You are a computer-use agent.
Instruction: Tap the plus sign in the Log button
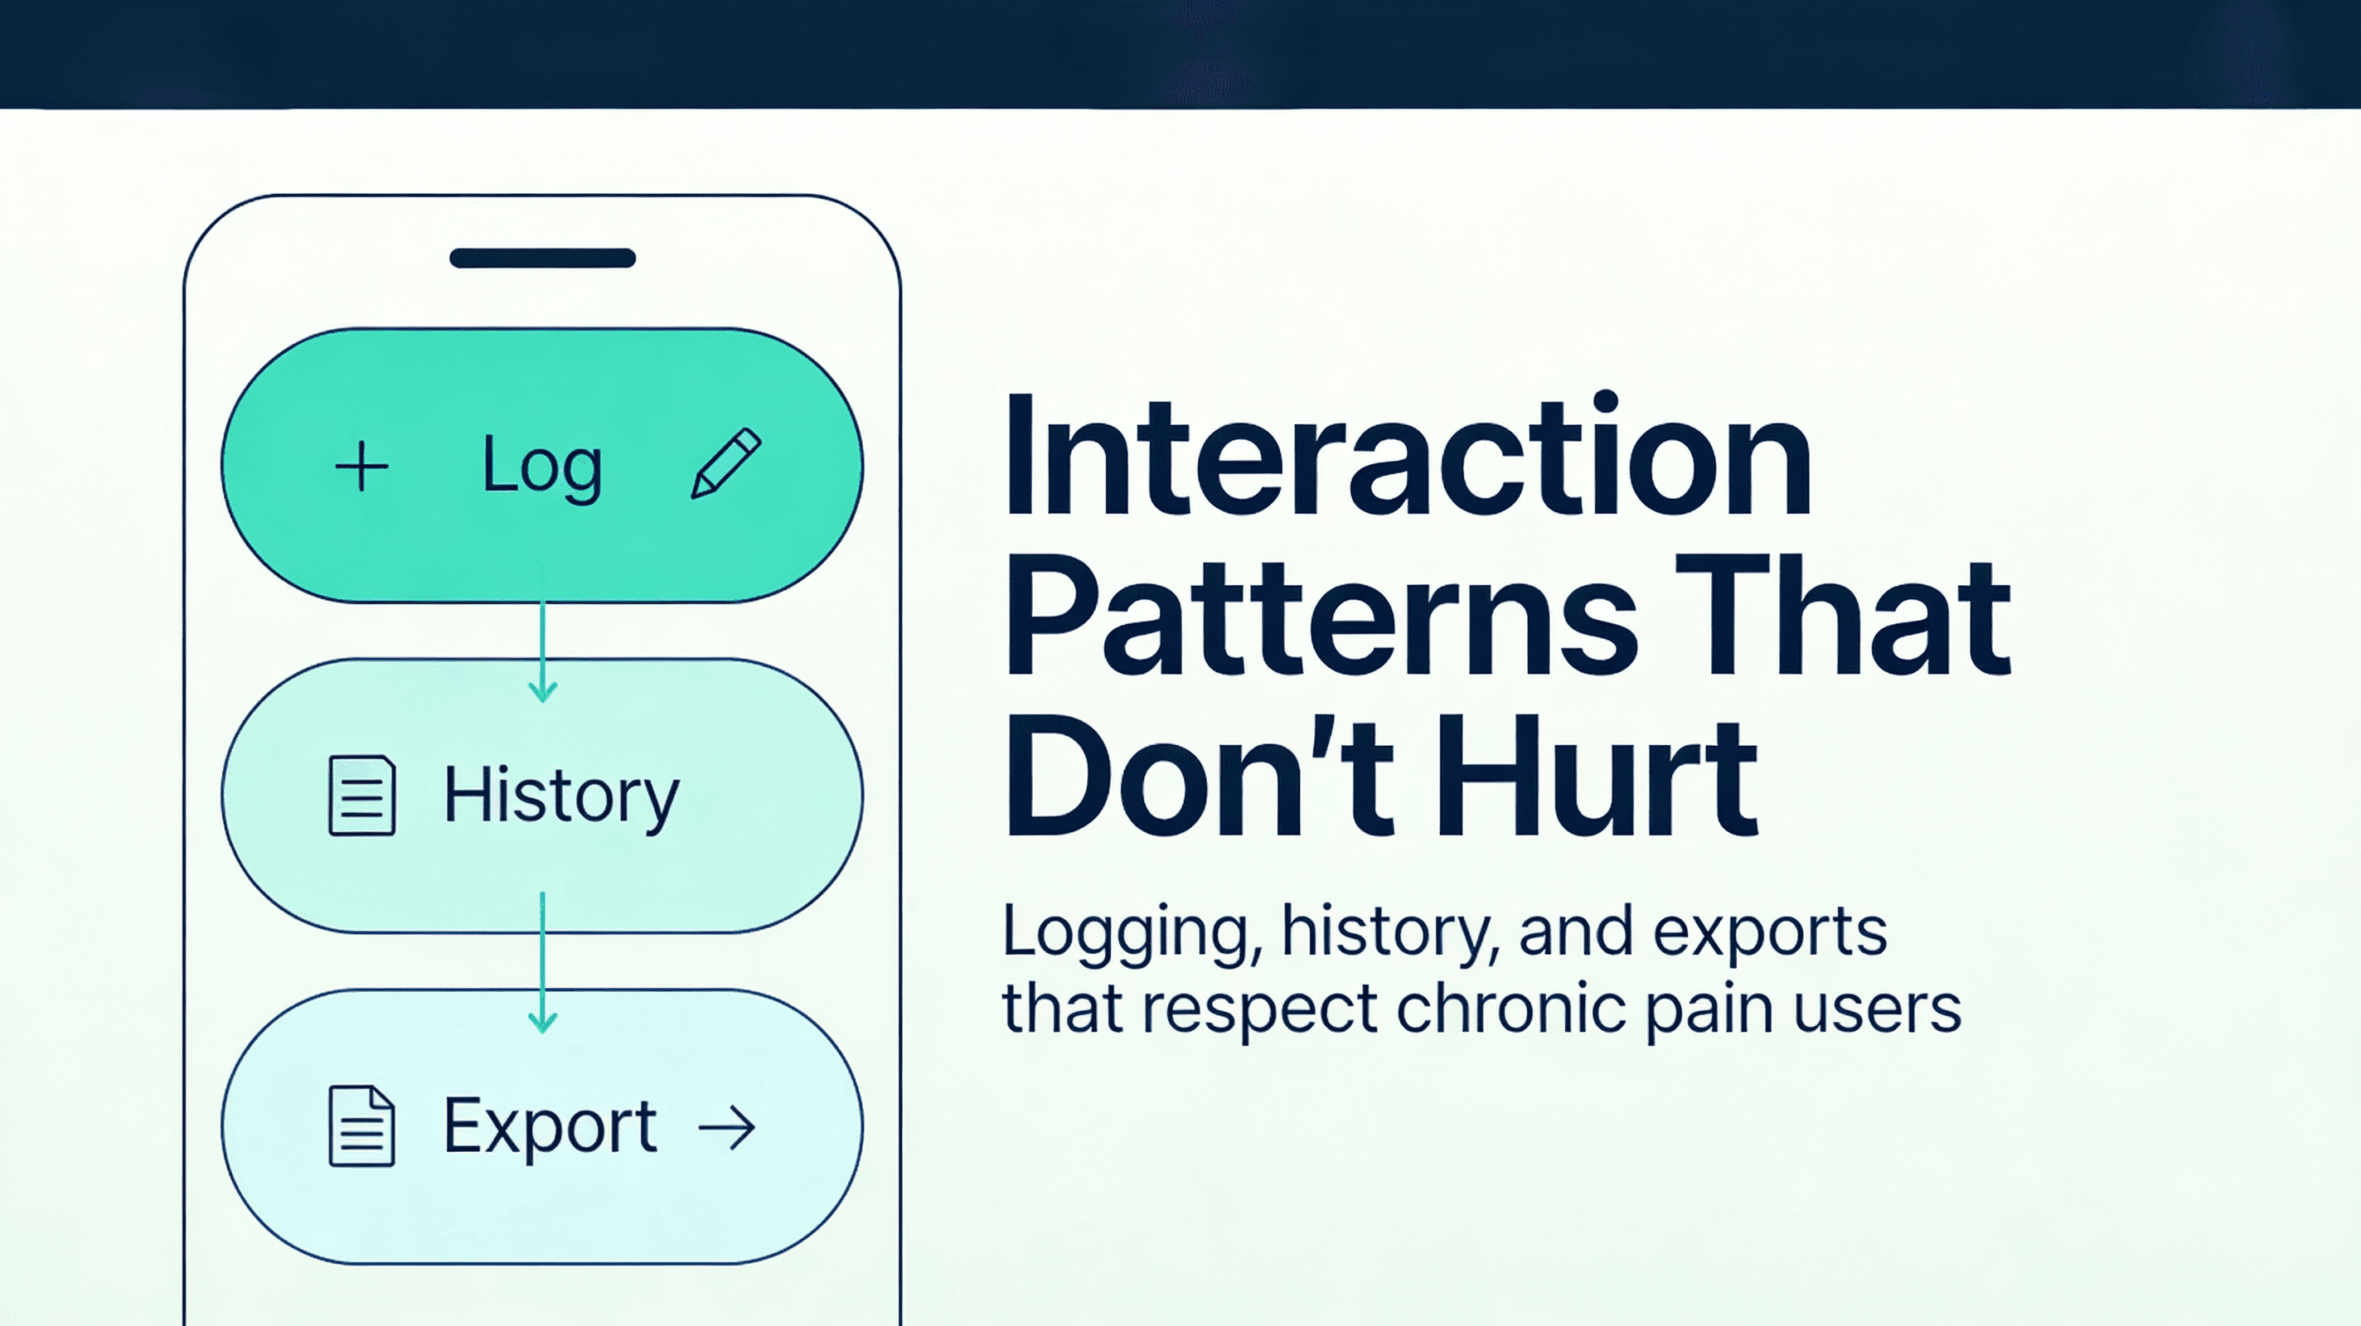tap(361, 467)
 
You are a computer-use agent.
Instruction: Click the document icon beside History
tap(362, 796)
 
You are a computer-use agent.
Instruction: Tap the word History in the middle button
tap(561, 796)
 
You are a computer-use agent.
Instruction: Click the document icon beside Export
tap(362, 1126)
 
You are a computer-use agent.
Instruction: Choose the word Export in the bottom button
tap(550, 1126)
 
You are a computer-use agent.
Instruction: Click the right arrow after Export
tap(727, 1128)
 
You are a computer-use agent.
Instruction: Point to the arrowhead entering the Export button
tap(543, 1021)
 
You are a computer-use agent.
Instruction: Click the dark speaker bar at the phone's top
tap(543, 259)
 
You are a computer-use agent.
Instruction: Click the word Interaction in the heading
tap(1407, 457)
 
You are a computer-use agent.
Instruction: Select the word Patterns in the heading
tap(1320, 616)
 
